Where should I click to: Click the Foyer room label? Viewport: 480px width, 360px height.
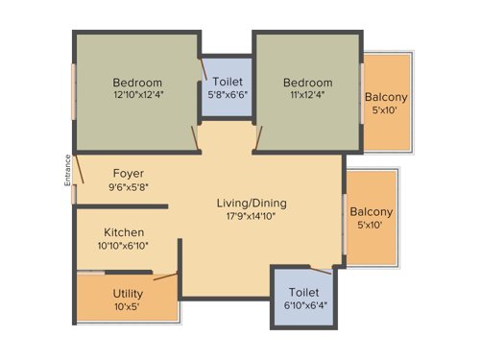pos(128,174)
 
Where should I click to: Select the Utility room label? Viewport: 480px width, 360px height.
pos(128,293)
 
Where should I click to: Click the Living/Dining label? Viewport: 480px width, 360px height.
pos(251,203)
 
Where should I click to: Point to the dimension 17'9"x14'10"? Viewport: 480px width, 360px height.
pos(251,216)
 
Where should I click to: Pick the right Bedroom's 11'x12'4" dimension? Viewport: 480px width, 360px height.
pos(307,95)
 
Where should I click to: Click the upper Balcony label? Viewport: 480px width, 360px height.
pos(385,97)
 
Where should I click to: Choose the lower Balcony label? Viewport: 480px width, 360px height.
pos(371,212)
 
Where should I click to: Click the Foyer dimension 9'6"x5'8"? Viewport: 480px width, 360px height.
pos(128,188)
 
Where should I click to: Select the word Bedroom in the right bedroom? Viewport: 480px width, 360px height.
pos(307,82)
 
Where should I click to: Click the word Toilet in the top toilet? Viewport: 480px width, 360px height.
pos(228,84)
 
